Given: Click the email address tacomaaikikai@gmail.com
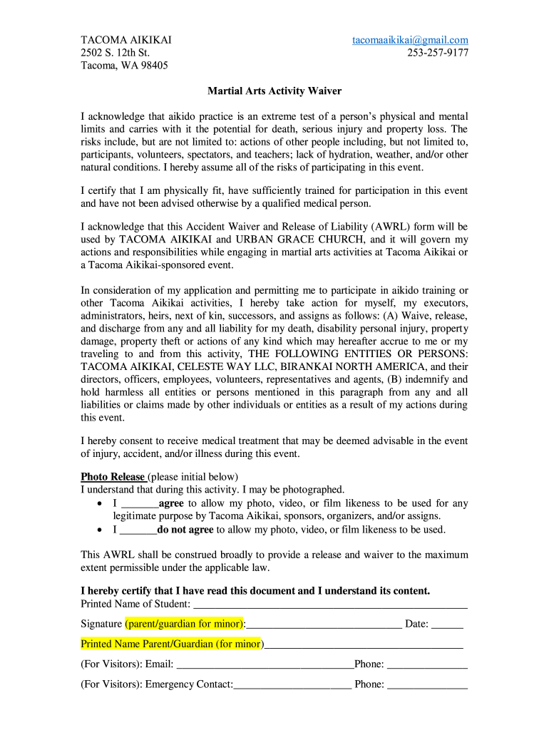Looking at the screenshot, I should (410, 40).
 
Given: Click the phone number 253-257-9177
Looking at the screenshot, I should (437, 53).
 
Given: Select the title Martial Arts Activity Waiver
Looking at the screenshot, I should (274, 91).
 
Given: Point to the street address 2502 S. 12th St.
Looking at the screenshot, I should (115, 53).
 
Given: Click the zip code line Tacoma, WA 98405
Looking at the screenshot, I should (124, 66).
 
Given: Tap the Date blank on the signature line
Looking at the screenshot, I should (447, 624).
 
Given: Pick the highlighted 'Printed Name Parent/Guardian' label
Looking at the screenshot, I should (171, 644).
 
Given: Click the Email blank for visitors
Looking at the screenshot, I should (265, 664).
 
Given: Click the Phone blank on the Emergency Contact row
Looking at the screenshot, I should (427, 685).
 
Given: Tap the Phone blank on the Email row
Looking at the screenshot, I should (427, 664).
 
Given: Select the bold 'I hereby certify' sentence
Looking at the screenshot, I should (255, 591).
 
